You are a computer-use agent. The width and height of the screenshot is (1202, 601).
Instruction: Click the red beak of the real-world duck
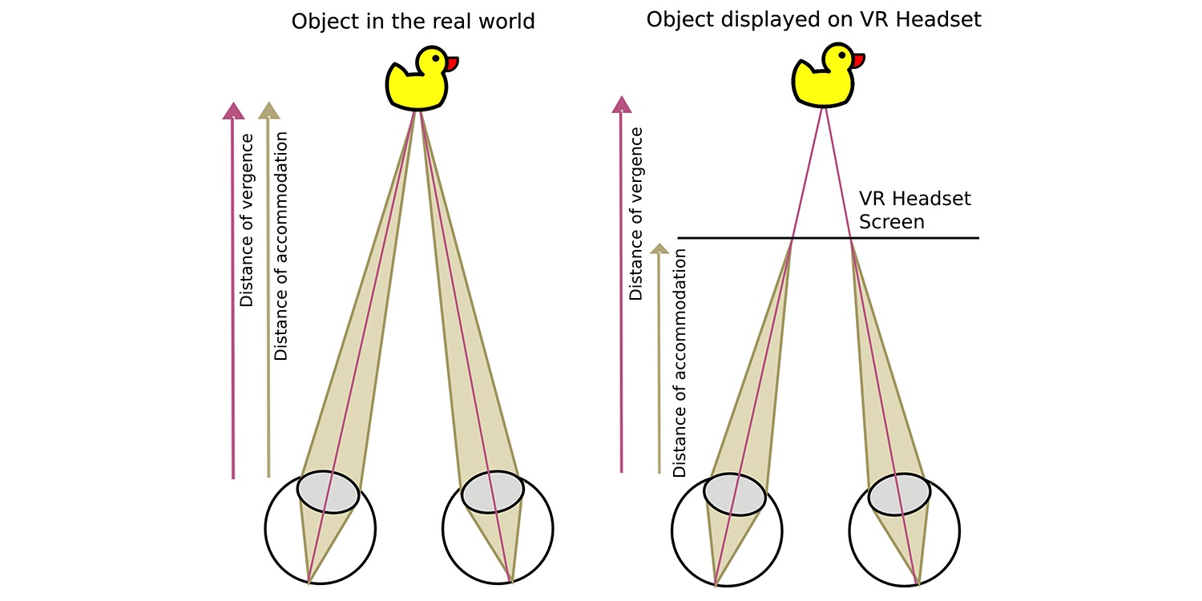tap(451, 64)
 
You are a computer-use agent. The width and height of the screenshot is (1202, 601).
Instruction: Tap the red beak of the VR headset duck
tap(857, 61)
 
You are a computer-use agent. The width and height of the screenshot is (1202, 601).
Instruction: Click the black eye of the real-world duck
tap(435, 58)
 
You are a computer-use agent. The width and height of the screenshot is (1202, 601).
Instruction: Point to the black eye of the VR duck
tap(841, 54)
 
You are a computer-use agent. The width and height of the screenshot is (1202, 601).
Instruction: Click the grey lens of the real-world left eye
tap(328, 492)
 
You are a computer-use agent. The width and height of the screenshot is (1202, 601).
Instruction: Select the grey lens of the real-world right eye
tap(493, 492)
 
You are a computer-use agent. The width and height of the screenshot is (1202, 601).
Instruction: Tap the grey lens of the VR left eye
tap(735, 494)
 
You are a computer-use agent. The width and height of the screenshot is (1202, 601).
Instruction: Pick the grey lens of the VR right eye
tap(899, 494)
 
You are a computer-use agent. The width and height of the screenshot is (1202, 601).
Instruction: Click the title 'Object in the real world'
tap(413, 22)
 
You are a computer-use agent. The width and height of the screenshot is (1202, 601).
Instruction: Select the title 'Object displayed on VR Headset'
tap(813, 19)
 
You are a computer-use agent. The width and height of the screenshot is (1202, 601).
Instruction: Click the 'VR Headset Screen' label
tap(914, 210)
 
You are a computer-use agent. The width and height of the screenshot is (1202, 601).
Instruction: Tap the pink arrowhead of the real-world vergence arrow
tap(233, 110)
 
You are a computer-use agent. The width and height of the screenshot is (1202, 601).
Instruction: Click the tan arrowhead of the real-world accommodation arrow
tap(268, 110)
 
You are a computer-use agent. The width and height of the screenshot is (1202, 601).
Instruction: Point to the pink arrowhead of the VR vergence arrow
tap(621, 104)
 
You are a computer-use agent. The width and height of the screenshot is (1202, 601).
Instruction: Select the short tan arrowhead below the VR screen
tap(659, 248)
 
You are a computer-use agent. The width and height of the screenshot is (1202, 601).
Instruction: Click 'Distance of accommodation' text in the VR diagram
tap(680, 363)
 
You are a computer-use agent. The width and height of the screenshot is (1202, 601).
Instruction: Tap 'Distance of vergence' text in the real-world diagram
tap(246, 220)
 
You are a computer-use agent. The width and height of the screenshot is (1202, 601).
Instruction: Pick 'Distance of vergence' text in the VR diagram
tap(636, 214)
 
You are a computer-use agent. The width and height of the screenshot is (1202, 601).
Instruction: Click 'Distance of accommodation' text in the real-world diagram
tap(281, 246)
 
